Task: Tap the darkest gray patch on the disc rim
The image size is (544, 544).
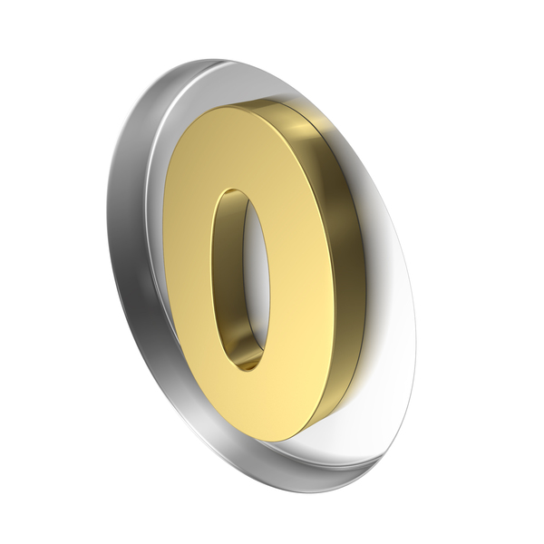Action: pyautogui.click(x=139, y=306)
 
